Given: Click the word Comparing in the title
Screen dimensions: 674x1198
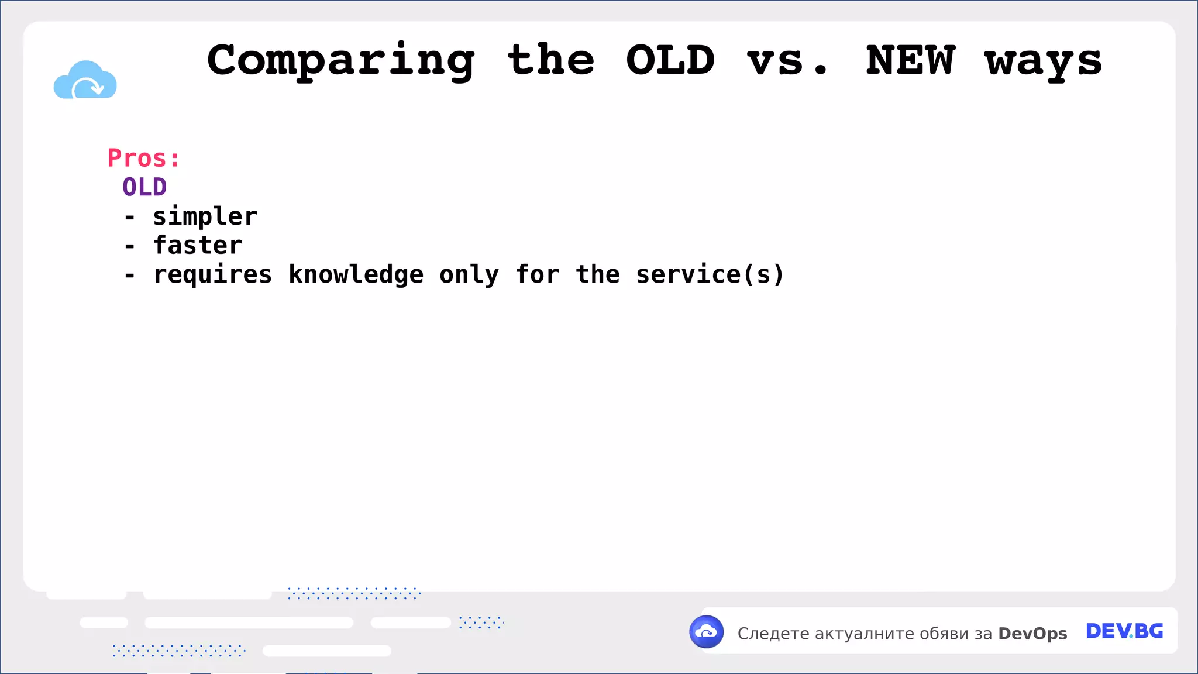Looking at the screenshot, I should click(x=341, y=61).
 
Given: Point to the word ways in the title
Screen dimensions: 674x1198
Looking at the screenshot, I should click(x=1043, y=61).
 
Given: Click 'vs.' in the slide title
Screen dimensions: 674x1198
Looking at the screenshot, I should click(x=787, y=61).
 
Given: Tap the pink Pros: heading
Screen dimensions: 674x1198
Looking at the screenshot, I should click(x=143, y=158).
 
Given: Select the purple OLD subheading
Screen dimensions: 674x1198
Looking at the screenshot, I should click(x=144, y=187).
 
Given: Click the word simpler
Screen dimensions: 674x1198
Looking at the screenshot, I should click(x=205, y=217).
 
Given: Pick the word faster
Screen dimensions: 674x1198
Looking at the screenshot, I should click(x=198, y=246).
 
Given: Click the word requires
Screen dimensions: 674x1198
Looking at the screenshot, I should click(x=212, y=275).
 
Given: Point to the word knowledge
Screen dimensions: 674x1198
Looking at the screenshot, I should click(x=356, y=275).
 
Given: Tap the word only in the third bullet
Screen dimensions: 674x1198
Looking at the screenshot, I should click(x=469, y=275).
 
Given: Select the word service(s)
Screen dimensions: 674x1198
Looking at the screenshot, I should click(x=710, y=275).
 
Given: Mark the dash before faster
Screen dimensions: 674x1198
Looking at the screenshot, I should click(x=130, y=246).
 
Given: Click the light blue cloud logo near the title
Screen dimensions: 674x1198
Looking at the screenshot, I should click(x=85, y=80).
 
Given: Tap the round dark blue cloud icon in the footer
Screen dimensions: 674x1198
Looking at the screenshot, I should click(x=707, y=632).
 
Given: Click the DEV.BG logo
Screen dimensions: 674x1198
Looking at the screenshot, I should click(x=1124, y=631).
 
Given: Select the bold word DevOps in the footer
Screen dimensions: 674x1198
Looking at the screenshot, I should click(x=1032, y=634).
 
